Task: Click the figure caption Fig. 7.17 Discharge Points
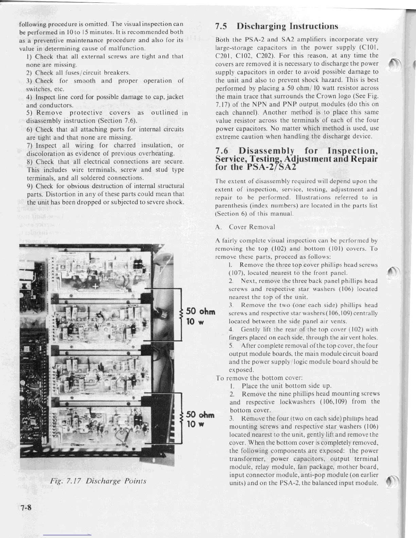98,481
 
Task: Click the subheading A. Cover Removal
245,227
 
